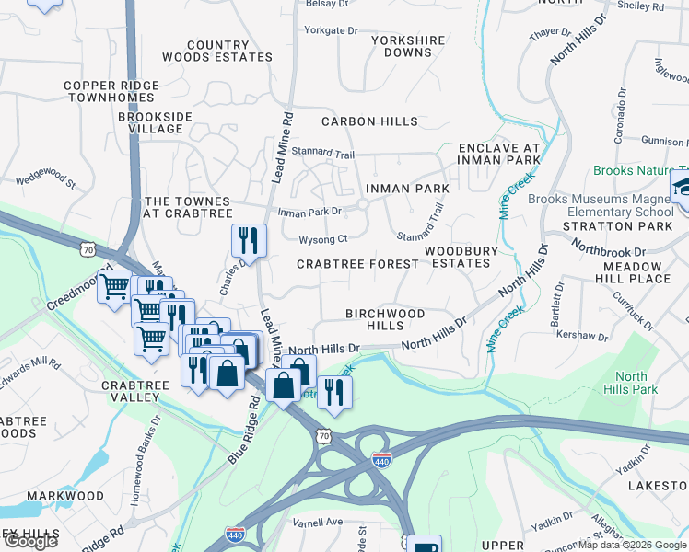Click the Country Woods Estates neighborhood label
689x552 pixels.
coord(217,51)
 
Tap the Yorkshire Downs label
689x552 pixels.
coord(408,46)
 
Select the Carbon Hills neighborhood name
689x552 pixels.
coord(369,121)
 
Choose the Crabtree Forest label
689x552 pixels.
coord(356,264)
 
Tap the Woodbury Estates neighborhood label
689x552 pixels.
coord(461,257)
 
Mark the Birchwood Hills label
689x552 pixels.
coord(385,319)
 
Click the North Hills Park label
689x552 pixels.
coord(631,383)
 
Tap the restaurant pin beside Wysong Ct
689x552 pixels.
coord(249,241)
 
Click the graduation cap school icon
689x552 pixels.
coord(681,188)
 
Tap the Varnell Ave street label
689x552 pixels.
coord(320,522)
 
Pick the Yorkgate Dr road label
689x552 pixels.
coord(331,30)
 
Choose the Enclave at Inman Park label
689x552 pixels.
coord(498,153)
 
